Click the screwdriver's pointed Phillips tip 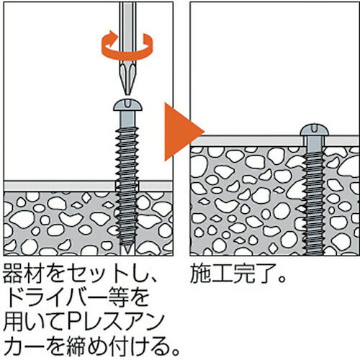pos(127,92)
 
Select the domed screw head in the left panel pos(127,104)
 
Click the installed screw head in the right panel pos(315,130)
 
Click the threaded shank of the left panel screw pos(127,185)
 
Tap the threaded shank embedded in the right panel pos(315,203)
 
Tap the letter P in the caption pos(76,322)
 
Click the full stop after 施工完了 pos(283,279)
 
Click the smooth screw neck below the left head pos(127,120)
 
